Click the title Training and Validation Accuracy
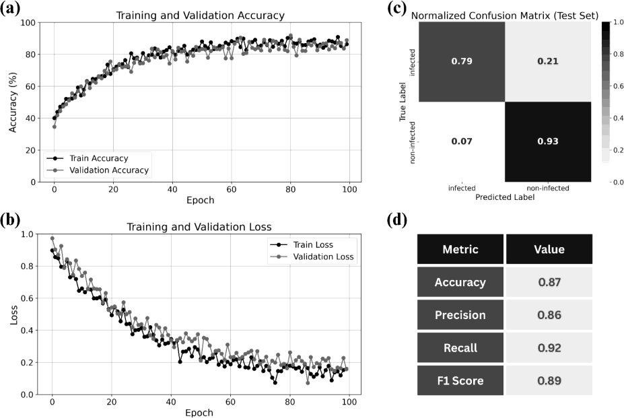point(200,15)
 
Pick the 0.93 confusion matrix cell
point(547,141)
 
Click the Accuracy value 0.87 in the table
point(549,282)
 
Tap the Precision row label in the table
point(460,315)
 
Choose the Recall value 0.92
point(549,348)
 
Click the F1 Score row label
point(460,381)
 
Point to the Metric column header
point(460,249)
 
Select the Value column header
point(549,249)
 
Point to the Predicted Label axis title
point(504,198)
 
